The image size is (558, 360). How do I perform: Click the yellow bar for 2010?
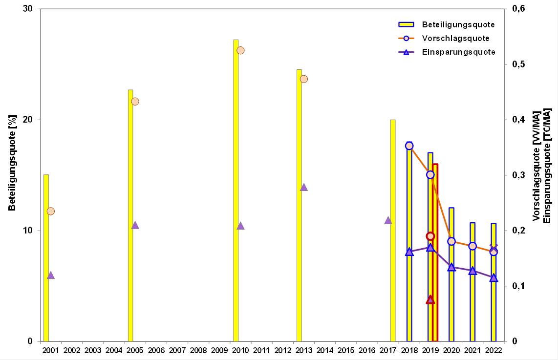[x=236, y=191]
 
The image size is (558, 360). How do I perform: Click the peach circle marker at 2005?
[x=135, y=101]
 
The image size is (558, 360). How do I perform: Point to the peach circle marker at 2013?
[x=304, y=79]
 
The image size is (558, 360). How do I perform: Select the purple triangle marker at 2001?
[x=51, y=275]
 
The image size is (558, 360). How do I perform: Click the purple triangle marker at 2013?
[x=304, y=187]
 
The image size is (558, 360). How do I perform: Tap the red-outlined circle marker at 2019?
[x=430, y=236]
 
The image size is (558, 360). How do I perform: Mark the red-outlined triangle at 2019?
[x=430, y=299]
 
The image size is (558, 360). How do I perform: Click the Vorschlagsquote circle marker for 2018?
[x=409, y=146]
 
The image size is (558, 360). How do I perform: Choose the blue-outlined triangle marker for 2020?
[x=451, y=267]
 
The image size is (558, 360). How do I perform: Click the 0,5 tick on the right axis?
[x=518, y=64]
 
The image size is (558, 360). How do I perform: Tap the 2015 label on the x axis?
[x=346, y=350]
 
